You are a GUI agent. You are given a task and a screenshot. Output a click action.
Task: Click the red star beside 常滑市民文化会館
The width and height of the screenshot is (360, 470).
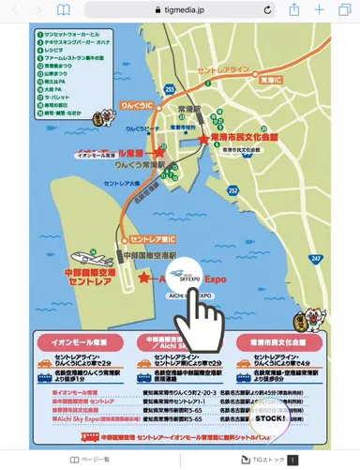(x=205, y=139)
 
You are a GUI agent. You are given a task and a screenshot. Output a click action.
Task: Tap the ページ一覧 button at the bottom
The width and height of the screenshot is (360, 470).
(x=89, y=460)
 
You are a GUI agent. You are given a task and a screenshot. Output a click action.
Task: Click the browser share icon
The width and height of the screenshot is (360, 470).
(x=293, y=9)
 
